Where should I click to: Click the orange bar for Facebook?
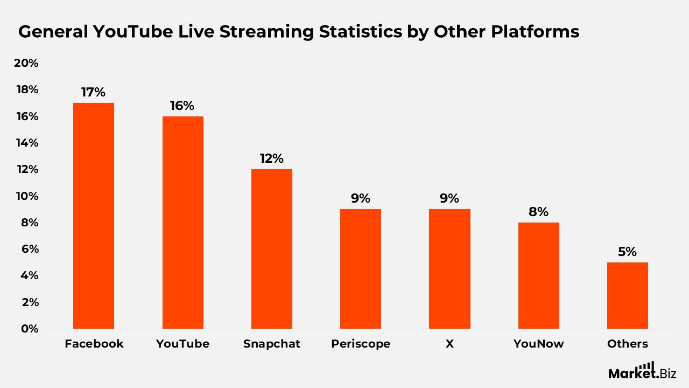click(94, 216)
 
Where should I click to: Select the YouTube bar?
click(182, 223)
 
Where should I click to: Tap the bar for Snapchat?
click(272, 249)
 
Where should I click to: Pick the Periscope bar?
click(361, 269)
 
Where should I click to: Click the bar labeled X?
click(449, 269)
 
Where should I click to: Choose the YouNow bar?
click(538, 275)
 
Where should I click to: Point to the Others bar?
click(627, 295)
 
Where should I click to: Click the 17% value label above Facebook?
click(94, 92)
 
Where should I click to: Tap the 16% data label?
click(182, 106)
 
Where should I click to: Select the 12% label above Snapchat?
click(271, 158)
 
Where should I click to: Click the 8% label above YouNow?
click(538, 212)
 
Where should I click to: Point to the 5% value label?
click(627, 252)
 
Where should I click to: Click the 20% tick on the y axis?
click(26, 63)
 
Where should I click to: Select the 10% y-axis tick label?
click(26, 196)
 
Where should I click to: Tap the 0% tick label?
click(29, 329)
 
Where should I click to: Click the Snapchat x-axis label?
click(272, 344)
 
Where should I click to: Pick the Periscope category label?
click(361, 344)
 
